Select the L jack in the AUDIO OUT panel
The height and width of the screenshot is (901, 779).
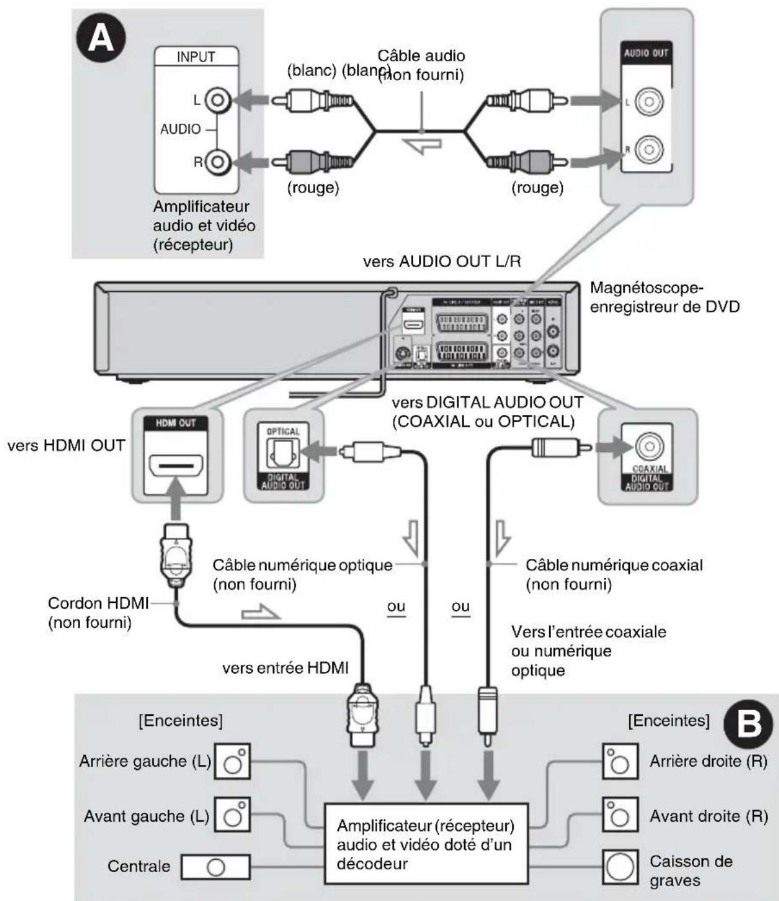click(x=648, y=101)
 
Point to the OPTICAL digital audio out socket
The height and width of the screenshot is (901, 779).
click(x=283, y=454)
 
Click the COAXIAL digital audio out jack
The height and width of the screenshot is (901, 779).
click(x=648, y=447)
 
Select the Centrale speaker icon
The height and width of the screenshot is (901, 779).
click(x=215, y=867)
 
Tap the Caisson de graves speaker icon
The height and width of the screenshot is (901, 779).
click(x=620, y=867)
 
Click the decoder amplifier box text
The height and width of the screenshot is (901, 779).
click(x=425, y=844)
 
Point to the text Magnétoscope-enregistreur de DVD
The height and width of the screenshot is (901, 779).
click(x=664, y=297)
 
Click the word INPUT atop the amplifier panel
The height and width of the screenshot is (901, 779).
click(x=196, y=57)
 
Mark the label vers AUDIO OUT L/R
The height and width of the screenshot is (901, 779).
click(x=441, y=261)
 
